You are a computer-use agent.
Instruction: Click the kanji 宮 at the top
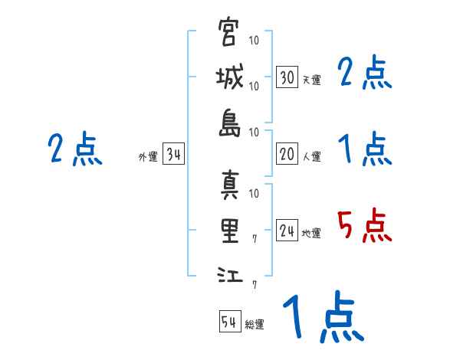pos(229,34)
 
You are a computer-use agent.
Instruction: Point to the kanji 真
pos(229,184)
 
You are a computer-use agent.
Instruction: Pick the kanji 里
pos(229,229)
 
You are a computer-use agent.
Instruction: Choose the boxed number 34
pos(174,155)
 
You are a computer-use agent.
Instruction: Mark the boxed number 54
pos(229,322)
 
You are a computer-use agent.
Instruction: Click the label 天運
pos(310,80)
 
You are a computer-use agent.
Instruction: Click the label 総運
pos(255,325)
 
